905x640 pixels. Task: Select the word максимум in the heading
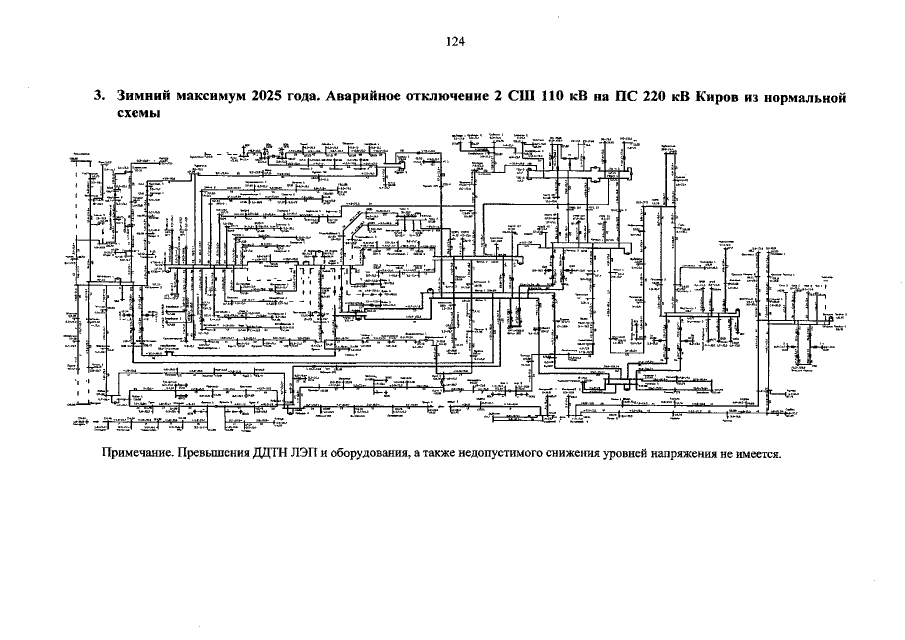tap(210, 98)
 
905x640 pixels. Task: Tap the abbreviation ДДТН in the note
tap(273, 453)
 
